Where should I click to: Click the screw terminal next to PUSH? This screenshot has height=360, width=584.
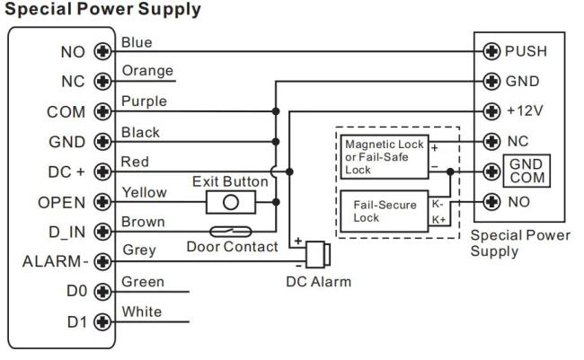click(491, 51)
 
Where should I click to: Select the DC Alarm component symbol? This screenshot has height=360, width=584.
click(314, 254)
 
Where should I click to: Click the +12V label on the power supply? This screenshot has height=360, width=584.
click(525, 111)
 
